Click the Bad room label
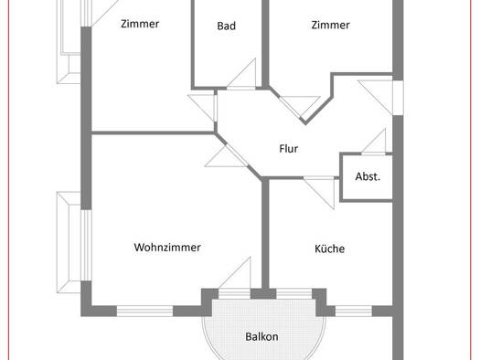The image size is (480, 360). coord(226,26)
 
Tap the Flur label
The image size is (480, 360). coord(288,149)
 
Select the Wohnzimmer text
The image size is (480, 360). coord(167,247)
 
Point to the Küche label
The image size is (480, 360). coord(329,249)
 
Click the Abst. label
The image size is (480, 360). coord(368,176)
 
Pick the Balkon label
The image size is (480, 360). coord(261,336)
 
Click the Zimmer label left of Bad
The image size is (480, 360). coord(140,24)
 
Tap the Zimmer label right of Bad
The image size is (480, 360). coord(330,25)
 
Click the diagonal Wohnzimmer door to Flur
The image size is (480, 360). coord(228,155)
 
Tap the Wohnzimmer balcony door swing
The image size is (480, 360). coord(235,274)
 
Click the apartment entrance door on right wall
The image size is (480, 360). coord(379,97)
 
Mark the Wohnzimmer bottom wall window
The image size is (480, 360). coord(144,311)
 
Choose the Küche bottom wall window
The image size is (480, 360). coord(354,311)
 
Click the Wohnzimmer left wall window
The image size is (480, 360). coord(86,245)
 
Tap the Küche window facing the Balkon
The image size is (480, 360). coord(293,294)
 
